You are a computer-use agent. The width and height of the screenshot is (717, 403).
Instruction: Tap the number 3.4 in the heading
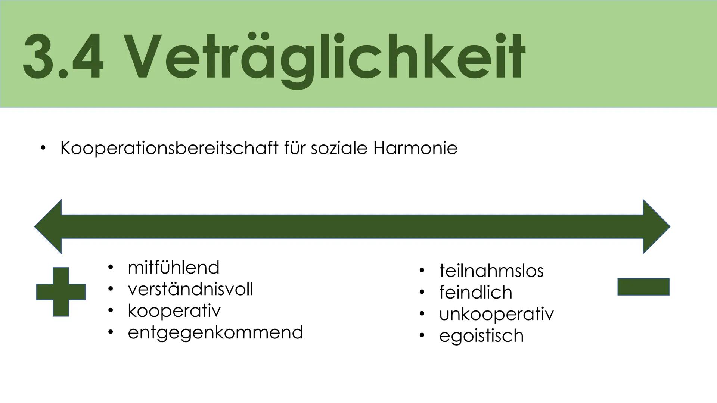pyautogui.click(x=63, y=58)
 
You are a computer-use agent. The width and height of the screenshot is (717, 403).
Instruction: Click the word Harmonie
pyautogui.click(x=415, y=149)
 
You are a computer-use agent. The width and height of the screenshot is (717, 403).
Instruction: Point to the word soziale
pyautogui.click(x=339, y=149)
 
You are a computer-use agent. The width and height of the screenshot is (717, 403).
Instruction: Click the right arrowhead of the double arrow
pyautogui.click(x=656, y=227)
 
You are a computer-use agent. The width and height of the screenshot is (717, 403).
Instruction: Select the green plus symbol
pyautogui.click(x=61, y=292)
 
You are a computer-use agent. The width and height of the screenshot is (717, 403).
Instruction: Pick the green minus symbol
pyautogui.click(x=643, y=287)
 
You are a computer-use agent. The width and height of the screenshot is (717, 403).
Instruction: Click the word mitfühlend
pyautogui.click(x=173, y=268)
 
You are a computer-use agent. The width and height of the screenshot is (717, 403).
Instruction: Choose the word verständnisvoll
pyautogui.click(x=190, y=289)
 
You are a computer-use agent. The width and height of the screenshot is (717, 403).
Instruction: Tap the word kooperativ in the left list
pyautogui.click(x=174, y=311)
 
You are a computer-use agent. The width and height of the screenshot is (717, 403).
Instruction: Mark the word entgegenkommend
pyautogui.click(x=215, y=332)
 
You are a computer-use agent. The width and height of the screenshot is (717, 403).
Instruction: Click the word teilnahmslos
pyautogui.click(x=491, y=271)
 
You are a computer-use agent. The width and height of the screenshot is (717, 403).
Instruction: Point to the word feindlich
pyautogui.click(x=475, y=292)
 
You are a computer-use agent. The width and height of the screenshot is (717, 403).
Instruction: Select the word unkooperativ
pyautogui.click(x=496, y=314)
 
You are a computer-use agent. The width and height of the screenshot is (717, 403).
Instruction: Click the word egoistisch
pyautogui.click(x=481, y=335)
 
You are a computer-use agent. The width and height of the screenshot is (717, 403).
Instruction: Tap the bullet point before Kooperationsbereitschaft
pyautogui.click(x=43, y=149)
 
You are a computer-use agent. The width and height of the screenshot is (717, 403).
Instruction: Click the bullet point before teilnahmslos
pyautogui.click(x=422, y=271)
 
